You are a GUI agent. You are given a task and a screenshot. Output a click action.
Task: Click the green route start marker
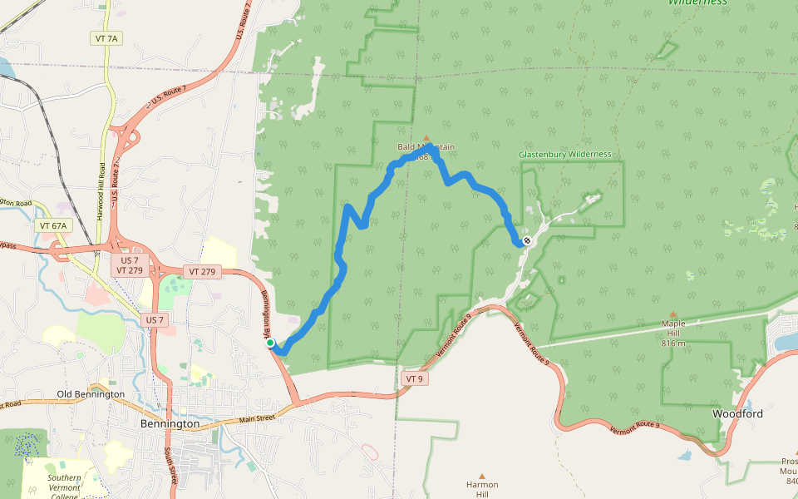tap(270, 343)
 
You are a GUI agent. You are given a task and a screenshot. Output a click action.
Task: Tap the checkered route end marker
tap(527, 241)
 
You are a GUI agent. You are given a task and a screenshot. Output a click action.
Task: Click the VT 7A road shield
tap(106, 39)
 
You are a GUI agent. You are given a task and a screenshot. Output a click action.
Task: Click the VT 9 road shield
tap(415, 378)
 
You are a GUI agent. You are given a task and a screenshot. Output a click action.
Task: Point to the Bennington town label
tap(170, 424)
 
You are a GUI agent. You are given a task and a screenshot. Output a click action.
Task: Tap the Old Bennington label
tap(91, 394)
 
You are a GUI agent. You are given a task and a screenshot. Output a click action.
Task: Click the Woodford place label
tap(738, 413)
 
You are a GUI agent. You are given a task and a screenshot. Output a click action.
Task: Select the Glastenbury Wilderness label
tap(565, 154)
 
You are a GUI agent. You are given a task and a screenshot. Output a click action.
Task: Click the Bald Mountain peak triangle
tap(427, 138)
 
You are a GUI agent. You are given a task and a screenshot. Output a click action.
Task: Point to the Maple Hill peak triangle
tap(673, 315)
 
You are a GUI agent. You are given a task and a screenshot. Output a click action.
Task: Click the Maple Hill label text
tap(673, 325)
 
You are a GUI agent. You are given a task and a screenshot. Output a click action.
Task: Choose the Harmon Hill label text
tap(482, 490)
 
